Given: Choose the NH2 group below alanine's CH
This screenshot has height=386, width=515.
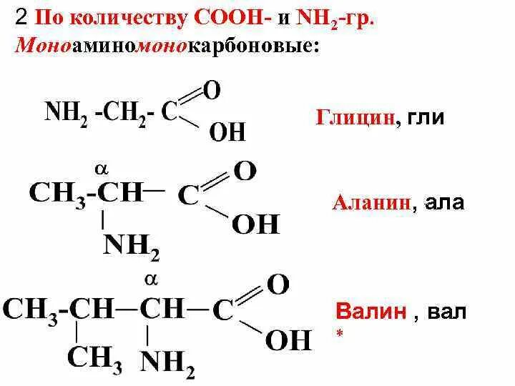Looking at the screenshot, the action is [132, 247].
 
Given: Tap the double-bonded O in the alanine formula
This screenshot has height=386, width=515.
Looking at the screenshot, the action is [245, 171].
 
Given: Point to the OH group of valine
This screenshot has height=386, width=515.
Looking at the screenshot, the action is [288, 339].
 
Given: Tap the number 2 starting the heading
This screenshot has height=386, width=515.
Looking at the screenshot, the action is [21, 18].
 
